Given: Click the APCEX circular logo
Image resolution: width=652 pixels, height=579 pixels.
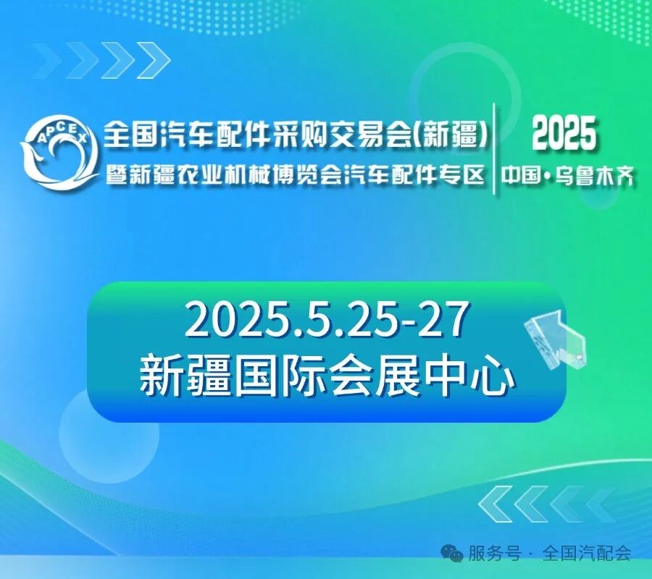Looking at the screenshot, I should pos(59,151).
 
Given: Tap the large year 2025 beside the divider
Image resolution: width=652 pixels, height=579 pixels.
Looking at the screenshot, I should pos(564,134).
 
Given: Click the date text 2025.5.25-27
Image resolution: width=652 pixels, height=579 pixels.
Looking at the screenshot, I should pos(324,321).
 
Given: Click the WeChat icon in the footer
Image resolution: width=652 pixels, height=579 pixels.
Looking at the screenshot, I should pos(454,554).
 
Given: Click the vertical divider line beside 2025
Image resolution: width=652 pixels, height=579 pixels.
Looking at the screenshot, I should pos(494,148).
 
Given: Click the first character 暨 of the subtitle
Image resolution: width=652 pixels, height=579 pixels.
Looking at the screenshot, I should pos(115,175).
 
